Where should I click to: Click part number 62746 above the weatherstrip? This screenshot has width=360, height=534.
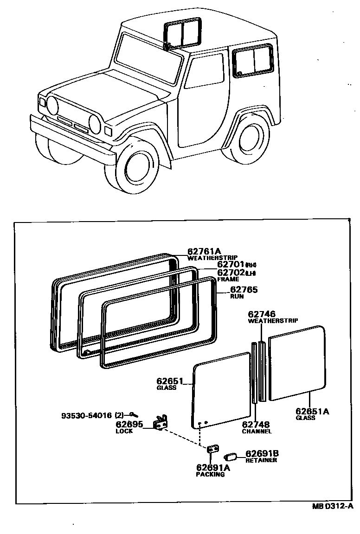click(x=262, y=314)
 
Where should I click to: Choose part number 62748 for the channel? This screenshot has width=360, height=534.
click(x=256, y=424)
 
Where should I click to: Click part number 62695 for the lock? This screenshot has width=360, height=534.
click(x=129, y=424)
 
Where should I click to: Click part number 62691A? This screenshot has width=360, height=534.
click(x=213, y=468)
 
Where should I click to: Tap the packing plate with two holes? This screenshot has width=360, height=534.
click(x=213, y=450)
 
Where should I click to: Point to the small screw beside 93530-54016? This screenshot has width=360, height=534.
click(x=133, y=414)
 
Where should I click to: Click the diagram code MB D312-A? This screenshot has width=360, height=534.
click(x=332, y=507)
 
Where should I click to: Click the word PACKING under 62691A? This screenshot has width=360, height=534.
click(x=210, y=475)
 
